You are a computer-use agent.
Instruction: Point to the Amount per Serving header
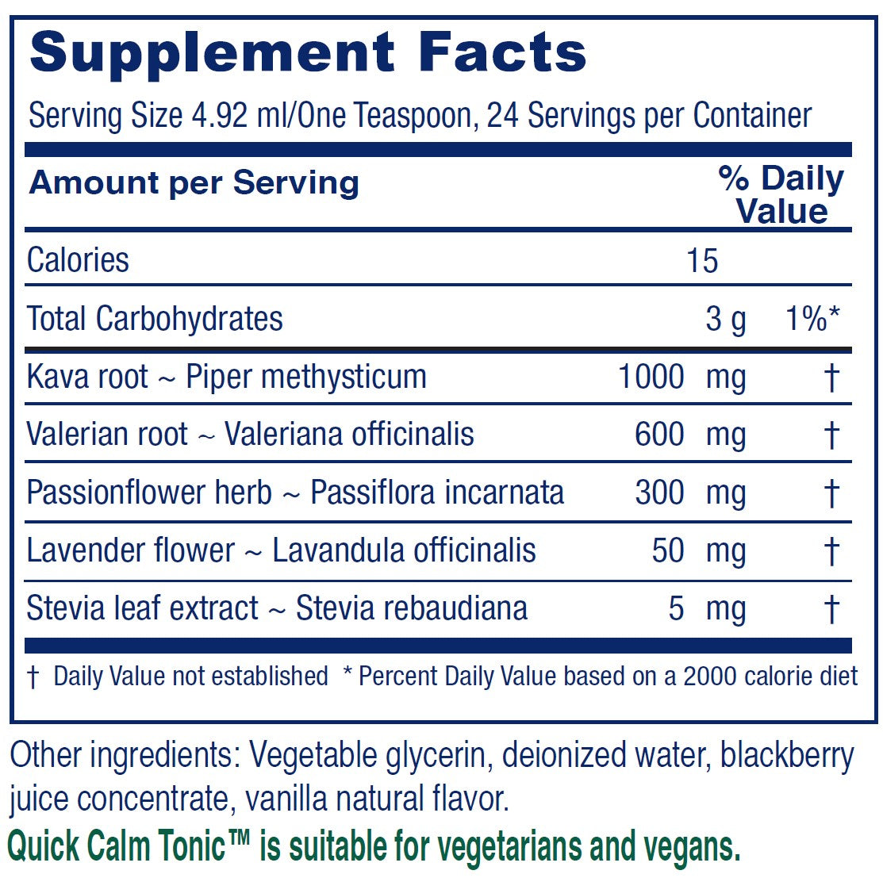click(194, 183)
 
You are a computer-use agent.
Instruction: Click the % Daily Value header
click(781, 195)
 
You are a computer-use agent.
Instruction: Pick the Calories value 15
click(703, 260)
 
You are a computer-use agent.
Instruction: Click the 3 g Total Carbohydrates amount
click(726, 319)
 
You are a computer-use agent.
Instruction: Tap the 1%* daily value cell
click(811, 319)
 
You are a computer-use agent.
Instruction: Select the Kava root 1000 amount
click(651, 377)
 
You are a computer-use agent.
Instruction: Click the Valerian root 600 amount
click(659, 435)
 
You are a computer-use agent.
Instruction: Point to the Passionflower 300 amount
click(659, 493)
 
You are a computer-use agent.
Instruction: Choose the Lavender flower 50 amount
click(668, 550)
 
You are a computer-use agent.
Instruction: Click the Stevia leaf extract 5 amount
click(676, 608)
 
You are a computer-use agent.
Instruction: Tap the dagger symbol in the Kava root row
click(831, 378)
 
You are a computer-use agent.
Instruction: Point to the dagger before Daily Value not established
click(33, 677)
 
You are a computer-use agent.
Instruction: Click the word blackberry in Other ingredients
click(787, 755)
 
